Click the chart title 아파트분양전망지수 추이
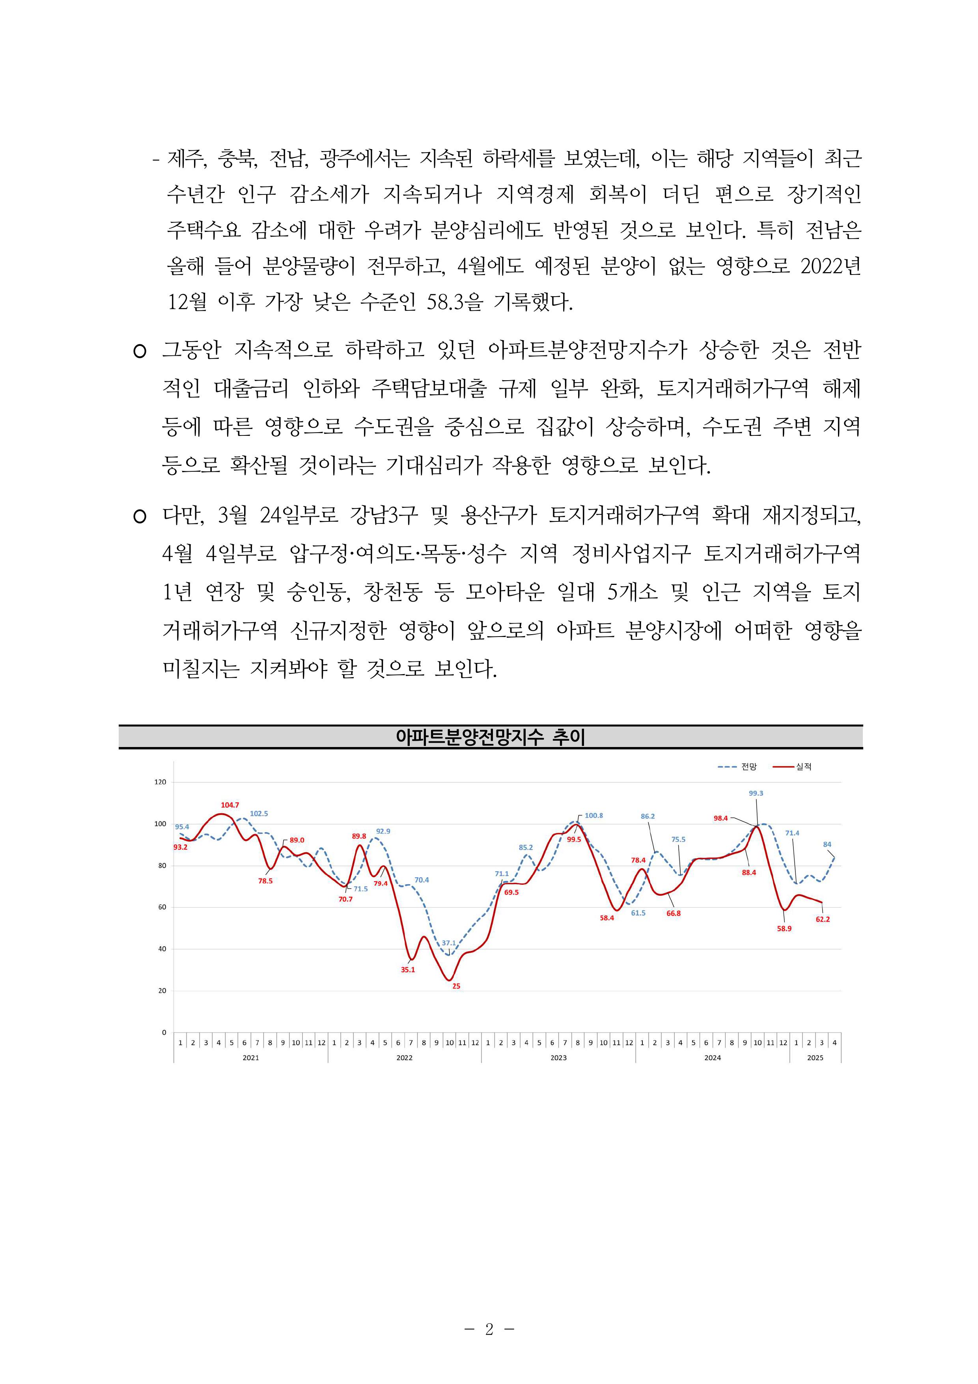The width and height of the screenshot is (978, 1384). coord(490,737)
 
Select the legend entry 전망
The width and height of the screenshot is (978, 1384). coord(749,767)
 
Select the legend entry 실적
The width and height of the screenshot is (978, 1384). coord(804,767)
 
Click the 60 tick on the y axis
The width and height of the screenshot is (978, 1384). coord(162,907)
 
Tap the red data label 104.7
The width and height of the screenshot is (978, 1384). coord(230,805)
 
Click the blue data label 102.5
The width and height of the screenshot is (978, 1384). coord(259,813)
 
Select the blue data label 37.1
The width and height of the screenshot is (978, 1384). coord(449,943)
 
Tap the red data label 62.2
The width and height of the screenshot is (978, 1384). coord(823,919)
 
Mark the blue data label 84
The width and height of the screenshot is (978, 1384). coord(827,844)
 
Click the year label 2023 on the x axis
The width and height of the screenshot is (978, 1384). coord(558,1058)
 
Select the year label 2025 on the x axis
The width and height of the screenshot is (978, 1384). coord(815,1058)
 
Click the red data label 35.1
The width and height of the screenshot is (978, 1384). coord(408,970)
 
